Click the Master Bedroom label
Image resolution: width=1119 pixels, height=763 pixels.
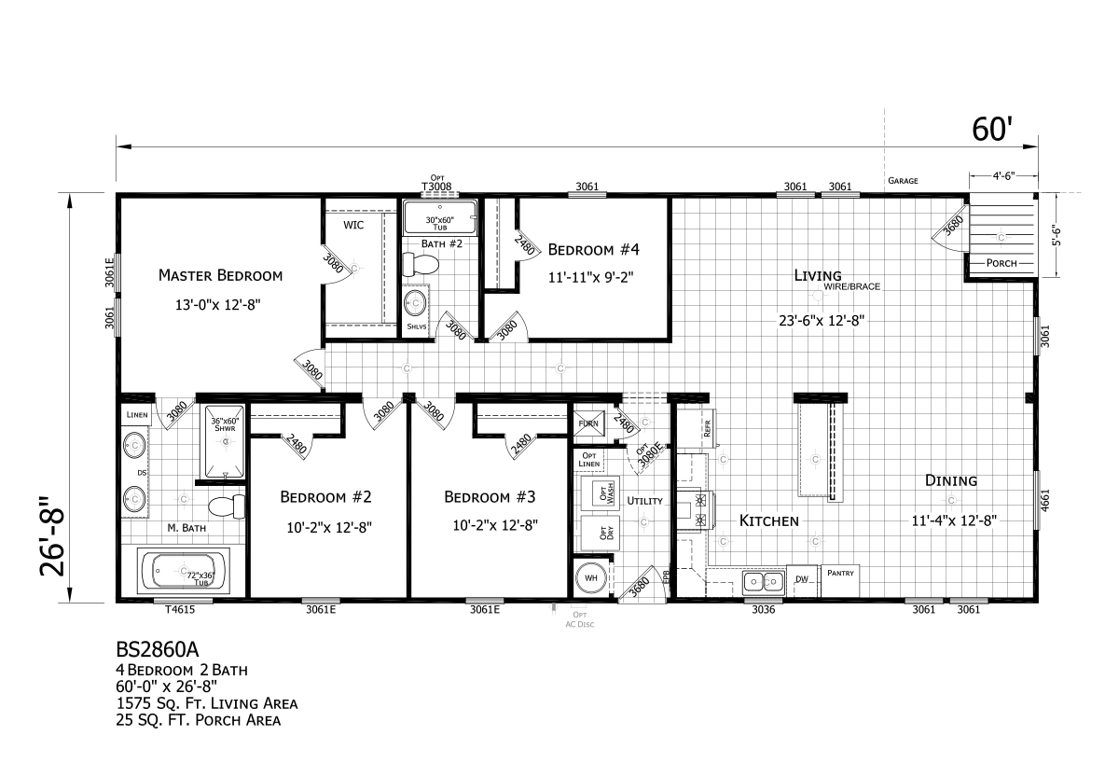(220, 275)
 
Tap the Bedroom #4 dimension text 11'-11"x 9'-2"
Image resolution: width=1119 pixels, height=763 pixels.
(594, 276)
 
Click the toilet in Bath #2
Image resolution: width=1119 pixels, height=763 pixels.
(423, 265)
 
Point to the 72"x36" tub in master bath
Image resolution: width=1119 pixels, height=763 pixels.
(184, 571)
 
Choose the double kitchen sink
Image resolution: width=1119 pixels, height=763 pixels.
(764, 582)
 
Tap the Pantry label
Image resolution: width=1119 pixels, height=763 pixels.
(840, 573)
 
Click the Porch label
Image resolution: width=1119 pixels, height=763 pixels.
(1001, 264)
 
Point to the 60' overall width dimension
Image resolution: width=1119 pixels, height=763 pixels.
(991, 130)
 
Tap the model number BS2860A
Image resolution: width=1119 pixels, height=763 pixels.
(157, 645)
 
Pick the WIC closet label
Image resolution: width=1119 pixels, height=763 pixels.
(353, 226)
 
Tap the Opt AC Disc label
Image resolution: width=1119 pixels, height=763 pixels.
(580, 619)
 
